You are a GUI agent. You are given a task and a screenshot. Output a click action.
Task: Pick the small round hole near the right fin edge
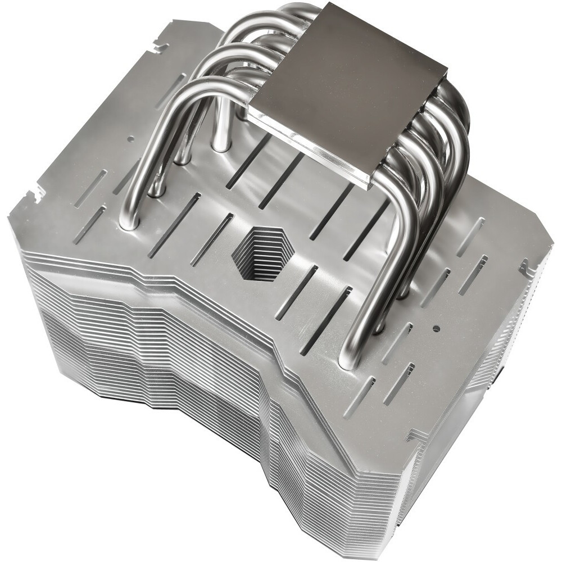(x=436, y=327)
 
